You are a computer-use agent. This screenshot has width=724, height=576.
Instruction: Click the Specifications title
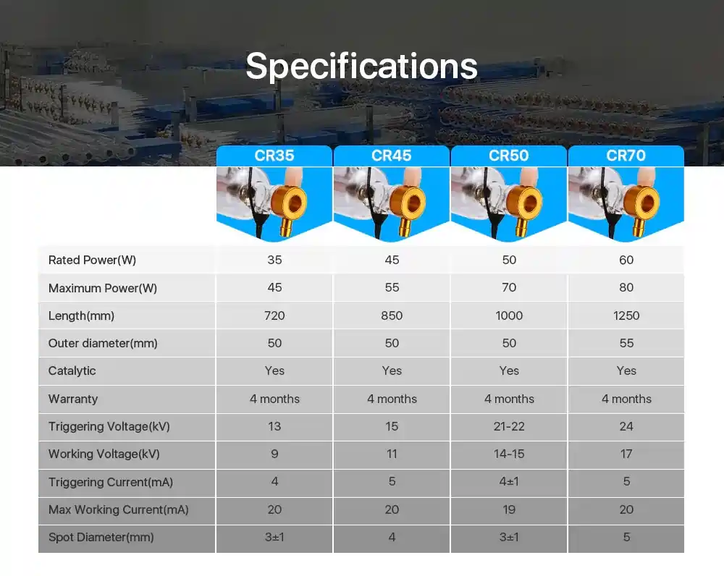click(x=361, y=67)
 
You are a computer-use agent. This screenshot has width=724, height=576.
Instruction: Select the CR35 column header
click(x=274, y=156)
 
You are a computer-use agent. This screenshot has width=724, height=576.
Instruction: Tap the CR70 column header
click(x=626, y=156)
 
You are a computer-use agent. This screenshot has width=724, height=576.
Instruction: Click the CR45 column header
click(x=392, y=156)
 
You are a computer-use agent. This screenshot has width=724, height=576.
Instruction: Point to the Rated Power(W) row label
click(x=92, y=260)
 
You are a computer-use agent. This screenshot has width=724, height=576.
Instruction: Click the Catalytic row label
click(x=72, y=370)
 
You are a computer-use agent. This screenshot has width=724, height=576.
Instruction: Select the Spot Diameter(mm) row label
click(x=101, y=537)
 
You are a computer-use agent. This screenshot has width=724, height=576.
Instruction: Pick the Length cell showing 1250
click(x=626, y=315)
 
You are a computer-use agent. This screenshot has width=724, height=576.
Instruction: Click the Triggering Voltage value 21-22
click(x=509, y=426)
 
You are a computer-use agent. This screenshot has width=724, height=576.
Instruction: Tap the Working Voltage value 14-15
click(x=509, y=454)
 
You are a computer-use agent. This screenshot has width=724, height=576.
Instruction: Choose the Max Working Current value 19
click(x=509, y=509)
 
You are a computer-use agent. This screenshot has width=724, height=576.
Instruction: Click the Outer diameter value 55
click(x=626, y=344)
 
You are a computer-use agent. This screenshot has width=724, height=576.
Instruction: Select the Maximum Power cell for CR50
click(x=509, y=287)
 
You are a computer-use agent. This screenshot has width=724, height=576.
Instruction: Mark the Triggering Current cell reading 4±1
click(x=509, y=482)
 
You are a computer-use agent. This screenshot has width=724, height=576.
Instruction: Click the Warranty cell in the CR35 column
click(x=274, y=399)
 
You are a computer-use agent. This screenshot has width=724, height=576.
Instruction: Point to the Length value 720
click(x=274, y=315)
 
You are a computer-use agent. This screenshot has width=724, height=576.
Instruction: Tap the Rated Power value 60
click(x=626, y=260)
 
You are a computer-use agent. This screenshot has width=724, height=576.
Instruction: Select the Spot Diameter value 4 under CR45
click(x=392, y=537)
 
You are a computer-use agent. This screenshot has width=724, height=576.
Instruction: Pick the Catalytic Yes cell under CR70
click(x=626, y=370)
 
